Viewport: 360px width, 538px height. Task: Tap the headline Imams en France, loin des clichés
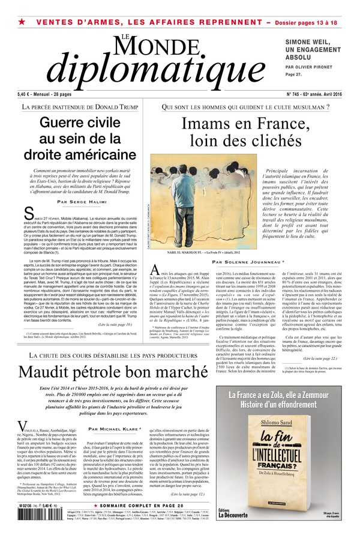point(249,134)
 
